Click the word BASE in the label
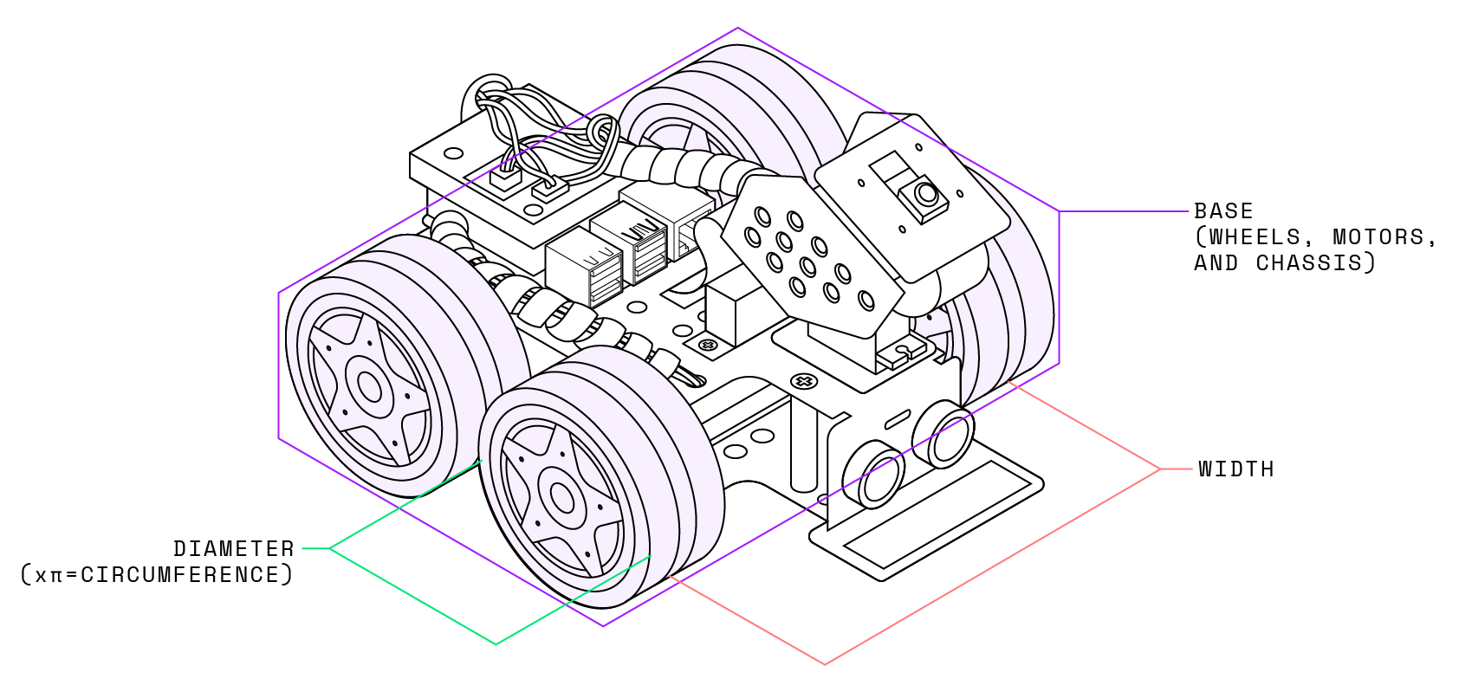pyautogui.click(x=1223, y=211)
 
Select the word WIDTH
pyautogui.click(x=1236, y=469)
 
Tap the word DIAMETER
pyautogui.click(x=234, y=549)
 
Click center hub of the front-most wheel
pyautogui.click(x=561, y=497)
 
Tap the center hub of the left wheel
pyautogui.click(x=370, y=387)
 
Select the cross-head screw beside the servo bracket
pyautogui.click(x=804, y=381)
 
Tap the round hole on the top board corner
pyautogui.click(x=453, y=154)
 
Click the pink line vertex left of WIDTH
pyautogui.click(x=1160, y=469)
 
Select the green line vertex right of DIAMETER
pyautogui.click(x=330, y=549)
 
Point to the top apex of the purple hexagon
pyautogui.click(x=737, y=29)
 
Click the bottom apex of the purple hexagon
pyautogui.click(x=603, y=626)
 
